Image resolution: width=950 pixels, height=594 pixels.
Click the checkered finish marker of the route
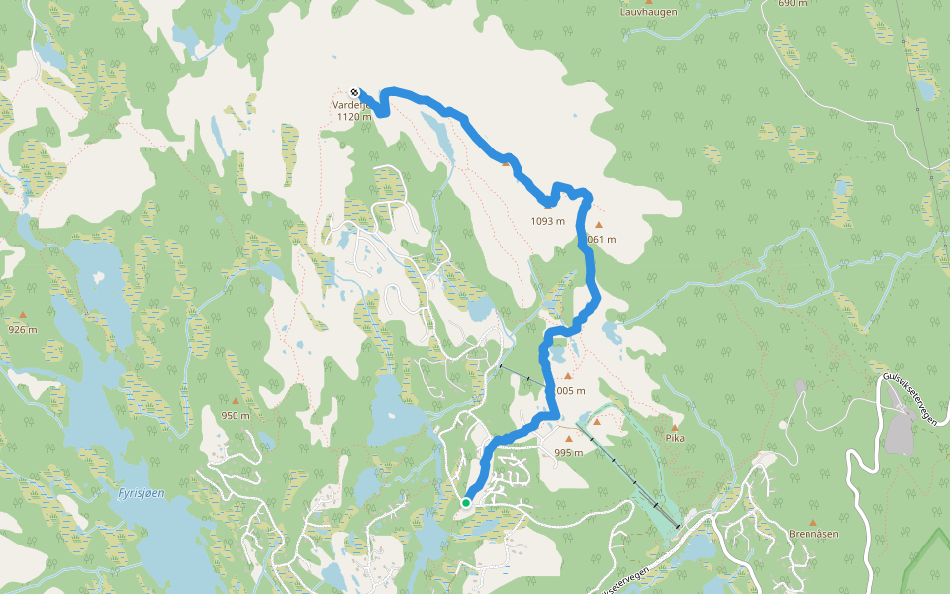coord(355,93)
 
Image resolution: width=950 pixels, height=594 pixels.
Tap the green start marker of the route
coord(466,503)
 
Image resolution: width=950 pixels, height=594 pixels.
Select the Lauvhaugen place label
coord(648,13)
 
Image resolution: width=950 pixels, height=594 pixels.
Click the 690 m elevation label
coord(793,3)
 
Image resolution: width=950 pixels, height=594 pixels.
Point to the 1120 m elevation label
coord(354,117)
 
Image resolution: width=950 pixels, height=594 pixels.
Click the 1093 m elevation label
coord(547,221)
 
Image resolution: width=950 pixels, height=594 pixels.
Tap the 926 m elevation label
coord(22,329)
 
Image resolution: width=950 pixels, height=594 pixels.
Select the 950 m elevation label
coord(236,415)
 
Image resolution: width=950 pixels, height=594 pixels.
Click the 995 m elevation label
coord(569,452)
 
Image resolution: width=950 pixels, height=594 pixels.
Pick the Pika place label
coord(675,437)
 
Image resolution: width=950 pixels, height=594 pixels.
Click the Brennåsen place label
coord(813,534)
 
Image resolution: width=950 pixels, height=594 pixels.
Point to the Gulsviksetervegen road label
coord(909,401)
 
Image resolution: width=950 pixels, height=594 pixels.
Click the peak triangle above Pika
coord(675,425)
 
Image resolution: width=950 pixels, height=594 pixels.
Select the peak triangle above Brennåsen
coord(813,522)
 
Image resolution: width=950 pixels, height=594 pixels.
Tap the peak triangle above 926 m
coord(23,316)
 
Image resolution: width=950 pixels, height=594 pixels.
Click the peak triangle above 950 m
coord(236,402)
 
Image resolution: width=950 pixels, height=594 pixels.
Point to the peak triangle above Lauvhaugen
coord(648,2)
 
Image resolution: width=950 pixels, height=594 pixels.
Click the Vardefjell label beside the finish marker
coord(350,105)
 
